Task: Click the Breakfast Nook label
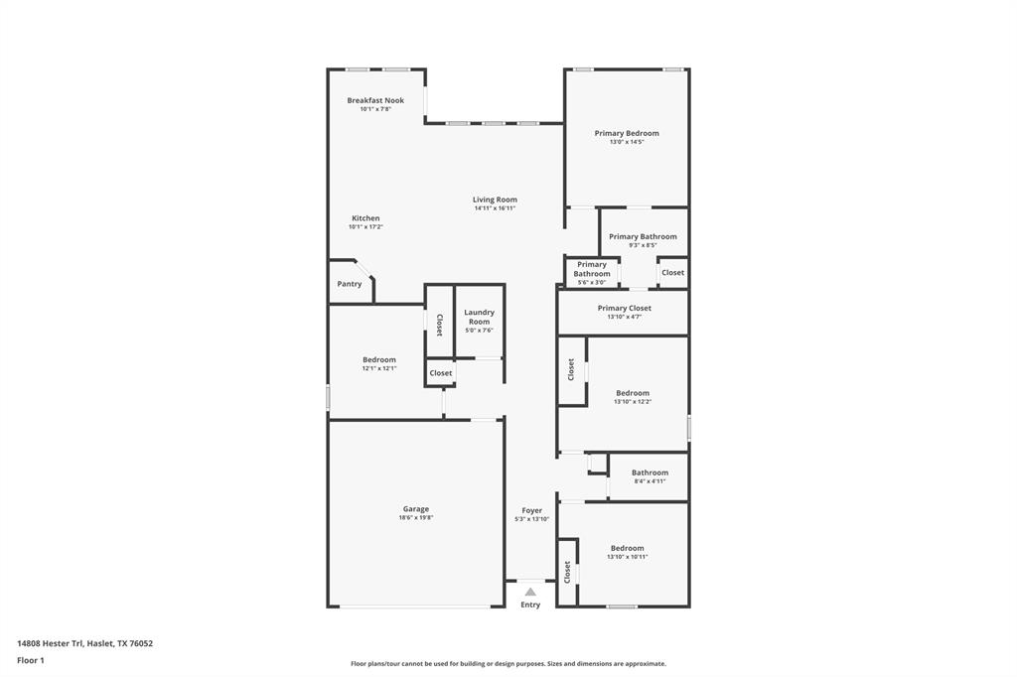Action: pyautogui.click(x=375, y=100)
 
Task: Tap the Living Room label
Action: pyautogui.click(x=495, y=200)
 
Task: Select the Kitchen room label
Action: pyautogui.click(x=365, y=218)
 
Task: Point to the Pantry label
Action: pyautogui.click(x=350, y=284)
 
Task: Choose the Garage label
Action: pyautogui.click(x=416, y=509)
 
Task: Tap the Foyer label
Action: pyautogui.click(x=532, y=510)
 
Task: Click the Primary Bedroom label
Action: pyautogui.click(x=627, y=133)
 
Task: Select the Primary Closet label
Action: pyautogui.click(x=625, y=308)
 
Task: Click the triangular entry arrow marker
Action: pyautogui.click(x=530, y=592)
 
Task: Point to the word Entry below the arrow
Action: pyautogui.click(x=530, y=605)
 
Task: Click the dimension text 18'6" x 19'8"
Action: pyautogui.click(x=416, y=518)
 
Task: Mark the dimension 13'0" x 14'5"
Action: pyautogui.click(x=627, y=142)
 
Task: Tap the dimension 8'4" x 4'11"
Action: pyautogui.click(x=650, y=481)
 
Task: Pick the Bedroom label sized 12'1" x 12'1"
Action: pyautogui.click(x=379, y=359)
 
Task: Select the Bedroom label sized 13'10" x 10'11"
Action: pyautogui.click(x=628, y=548)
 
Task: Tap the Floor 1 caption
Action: pyautogui.click(x=31, y=660)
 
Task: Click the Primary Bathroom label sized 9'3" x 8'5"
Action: pyautogui.click(x=643, y=236)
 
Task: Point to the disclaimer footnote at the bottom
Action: pyautogui.click(x=508, y=664)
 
